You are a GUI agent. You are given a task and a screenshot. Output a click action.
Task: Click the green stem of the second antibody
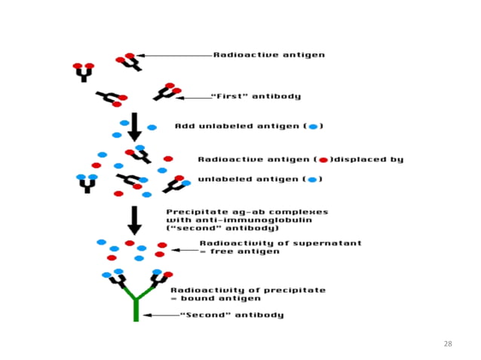tap(136, 309)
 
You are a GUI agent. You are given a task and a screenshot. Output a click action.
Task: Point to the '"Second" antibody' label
tap(231, 315)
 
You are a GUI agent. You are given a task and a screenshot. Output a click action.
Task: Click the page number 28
tap(448, 343)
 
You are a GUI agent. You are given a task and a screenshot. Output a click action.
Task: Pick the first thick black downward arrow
tap(133, 126)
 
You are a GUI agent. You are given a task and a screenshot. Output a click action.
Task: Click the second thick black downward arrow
tap(133, 218)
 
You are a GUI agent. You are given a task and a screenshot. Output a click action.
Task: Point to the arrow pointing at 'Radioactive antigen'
tap(173, 55)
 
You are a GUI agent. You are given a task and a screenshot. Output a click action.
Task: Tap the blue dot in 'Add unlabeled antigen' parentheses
tap(313, 126)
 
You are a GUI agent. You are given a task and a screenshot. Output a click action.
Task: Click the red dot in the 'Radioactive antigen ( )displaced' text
tap(323, 160)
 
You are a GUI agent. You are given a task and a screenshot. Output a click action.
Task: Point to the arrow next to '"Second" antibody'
tap(160, 315)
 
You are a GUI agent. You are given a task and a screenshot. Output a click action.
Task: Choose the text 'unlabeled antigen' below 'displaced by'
tap(249, 179)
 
